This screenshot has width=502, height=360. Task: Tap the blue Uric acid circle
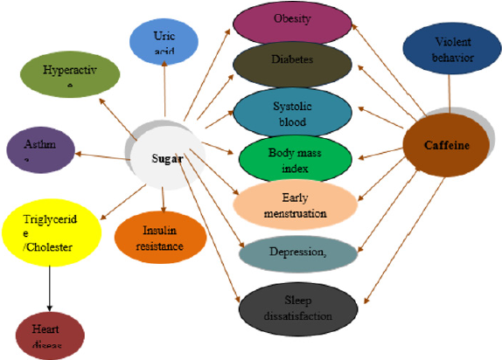point(164,41)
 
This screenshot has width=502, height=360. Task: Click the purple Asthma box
point(33,149)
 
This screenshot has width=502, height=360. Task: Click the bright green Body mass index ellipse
point(296,158)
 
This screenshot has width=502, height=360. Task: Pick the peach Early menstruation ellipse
point(296,205)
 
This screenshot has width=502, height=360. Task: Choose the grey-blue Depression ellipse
point(297,252)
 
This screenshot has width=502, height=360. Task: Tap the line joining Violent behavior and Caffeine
point(450,90)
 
